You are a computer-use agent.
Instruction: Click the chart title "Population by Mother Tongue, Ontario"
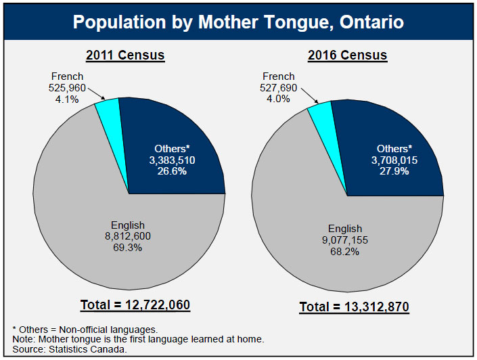pos(238,22)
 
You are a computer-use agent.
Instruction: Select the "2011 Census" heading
pos(124,55)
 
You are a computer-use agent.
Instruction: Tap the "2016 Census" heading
pos(347,55)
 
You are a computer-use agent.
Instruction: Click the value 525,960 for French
pos(66,88)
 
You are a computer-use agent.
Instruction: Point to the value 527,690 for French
pos(278,88)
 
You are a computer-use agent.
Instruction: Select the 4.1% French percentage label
pos(66,99)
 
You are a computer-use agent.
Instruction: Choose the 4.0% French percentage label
pos(278,99)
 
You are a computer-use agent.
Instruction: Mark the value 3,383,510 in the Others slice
pos(168,160)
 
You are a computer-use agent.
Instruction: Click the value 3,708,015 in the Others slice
pos(394,160)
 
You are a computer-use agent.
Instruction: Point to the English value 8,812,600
pos(128,236)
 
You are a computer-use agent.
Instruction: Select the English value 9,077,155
pos(345,240)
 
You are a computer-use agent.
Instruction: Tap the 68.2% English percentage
pos(345,251)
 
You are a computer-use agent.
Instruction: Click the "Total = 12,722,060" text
pos(135,305)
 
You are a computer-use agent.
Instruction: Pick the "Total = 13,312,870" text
pos(355,308)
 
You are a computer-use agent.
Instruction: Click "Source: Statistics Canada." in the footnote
pos(70,349)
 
